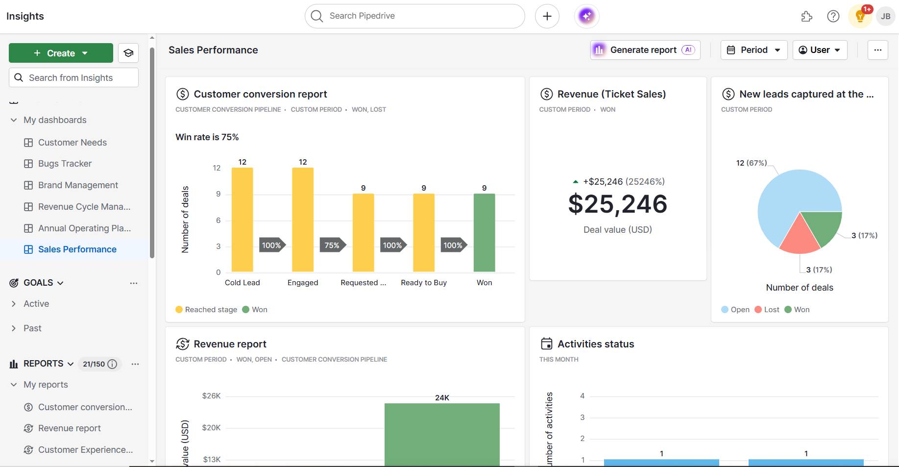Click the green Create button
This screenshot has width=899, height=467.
point(61,53)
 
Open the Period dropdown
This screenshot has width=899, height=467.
point(753,50)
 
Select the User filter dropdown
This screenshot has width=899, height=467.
point(820,50)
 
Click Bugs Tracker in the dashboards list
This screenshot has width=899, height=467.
point(65,164)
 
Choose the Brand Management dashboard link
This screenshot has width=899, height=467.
point(78,185)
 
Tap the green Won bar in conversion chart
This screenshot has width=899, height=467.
point(484,233)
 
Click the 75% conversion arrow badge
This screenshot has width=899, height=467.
point(332,245)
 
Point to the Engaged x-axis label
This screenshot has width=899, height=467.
point(303,283)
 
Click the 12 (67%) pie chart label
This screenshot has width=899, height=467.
point(751,163)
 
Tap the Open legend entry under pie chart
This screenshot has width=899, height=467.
point(735,310)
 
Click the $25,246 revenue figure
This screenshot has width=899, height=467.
point(617,204)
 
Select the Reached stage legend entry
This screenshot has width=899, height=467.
point(206,310)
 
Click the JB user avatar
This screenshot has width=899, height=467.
point(885,16)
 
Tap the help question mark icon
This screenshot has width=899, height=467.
point(833,16)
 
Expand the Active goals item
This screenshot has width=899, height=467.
point(36,304)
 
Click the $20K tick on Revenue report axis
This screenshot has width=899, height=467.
point(211,428)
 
